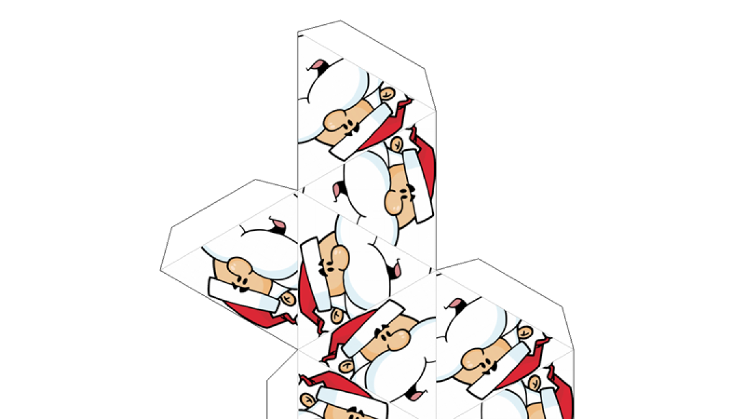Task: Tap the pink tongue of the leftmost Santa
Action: point(277,225)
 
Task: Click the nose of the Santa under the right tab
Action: point(475,359)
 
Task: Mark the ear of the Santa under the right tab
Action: point(525,332)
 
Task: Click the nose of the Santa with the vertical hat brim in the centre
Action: point(339,257)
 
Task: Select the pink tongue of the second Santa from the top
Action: point(339,190)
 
